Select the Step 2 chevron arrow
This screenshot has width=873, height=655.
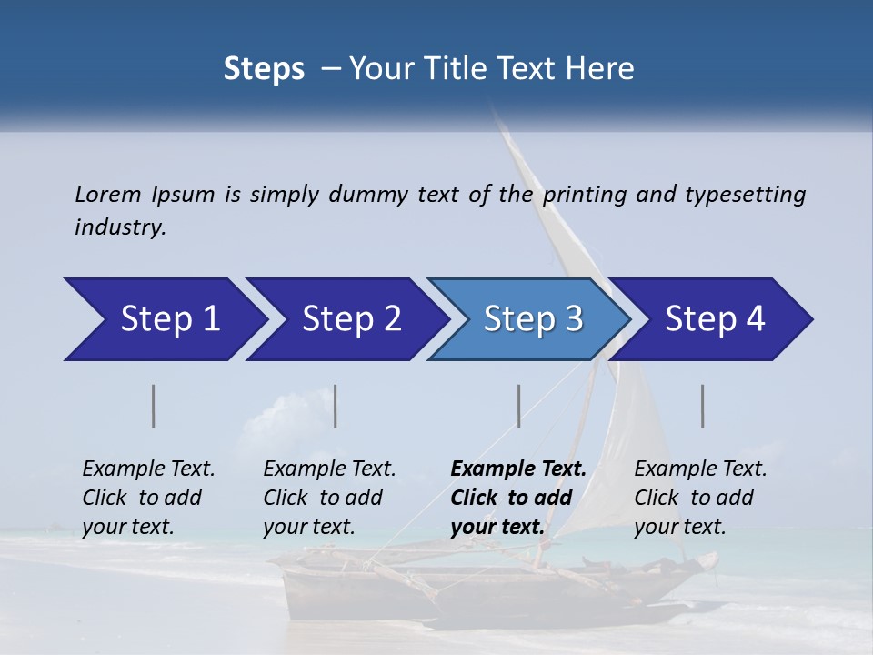click(346, 319)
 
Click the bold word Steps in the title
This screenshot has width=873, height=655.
click(264, 69)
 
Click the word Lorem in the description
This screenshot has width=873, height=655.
click(107, 195)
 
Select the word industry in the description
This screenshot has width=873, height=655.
click(120, 227)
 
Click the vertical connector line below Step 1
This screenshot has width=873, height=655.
click(154, 406)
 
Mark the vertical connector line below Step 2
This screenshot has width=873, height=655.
click(336, 406)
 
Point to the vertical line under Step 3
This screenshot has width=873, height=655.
click(519, 406)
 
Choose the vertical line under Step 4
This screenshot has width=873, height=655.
click(703, 406)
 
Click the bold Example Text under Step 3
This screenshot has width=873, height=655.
click(518, 469)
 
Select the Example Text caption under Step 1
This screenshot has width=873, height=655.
click(148, 469)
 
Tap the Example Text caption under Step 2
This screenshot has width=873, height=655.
click(329, 469)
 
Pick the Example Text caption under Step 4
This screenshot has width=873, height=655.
click(700, 469)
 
